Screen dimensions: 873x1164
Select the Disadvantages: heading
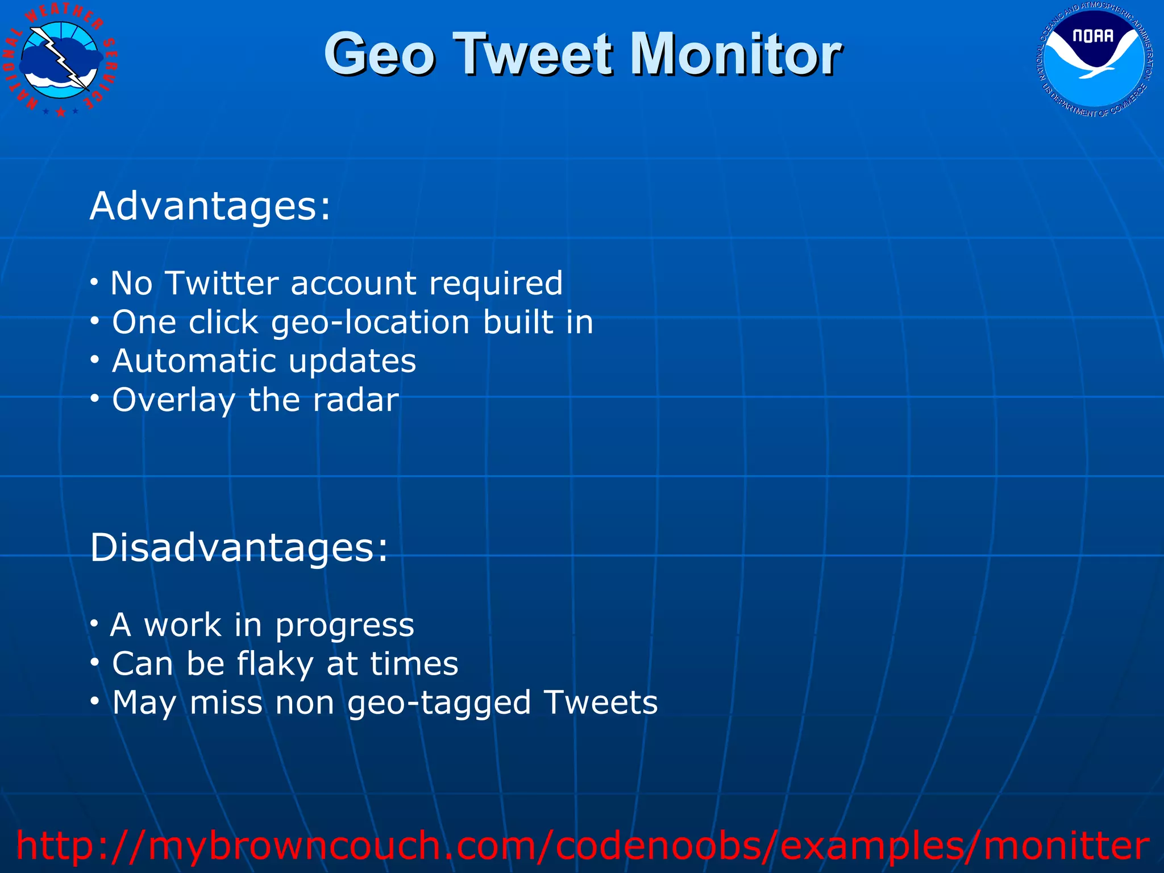tap(239, 548)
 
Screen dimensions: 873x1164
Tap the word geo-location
tap(371, 323)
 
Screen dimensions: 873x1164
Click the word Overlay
tap(173, 400)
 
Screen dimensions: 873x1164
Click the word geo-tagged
tap(439, 704)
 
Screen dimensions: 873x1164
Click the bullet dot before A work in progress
tap(94, 623)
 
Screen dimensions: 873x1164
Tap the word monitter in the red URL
tap(1066, 846)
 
